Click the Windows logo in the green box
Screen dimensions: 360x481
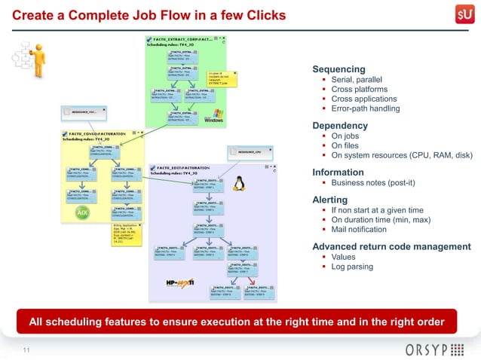pos(213,116)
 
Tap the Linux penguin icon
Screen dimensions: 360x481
pos(240,183)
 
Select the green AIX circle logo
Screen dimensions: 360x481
pos(83,214)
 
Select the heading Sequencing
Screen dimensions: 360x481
pos(339,69)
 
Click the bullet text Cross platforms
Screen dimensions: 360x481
pos(359,89)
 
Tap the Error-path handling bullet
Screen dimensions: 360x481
pos(365,108)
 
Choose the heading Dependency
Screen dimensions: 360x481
pos(340,125)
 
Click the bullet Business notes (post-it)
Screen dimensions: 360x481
pos(372,182)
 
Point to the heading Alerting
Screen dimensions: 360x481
pos(330,200)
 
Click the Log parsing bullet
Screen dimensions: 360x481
pos(352,267)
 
